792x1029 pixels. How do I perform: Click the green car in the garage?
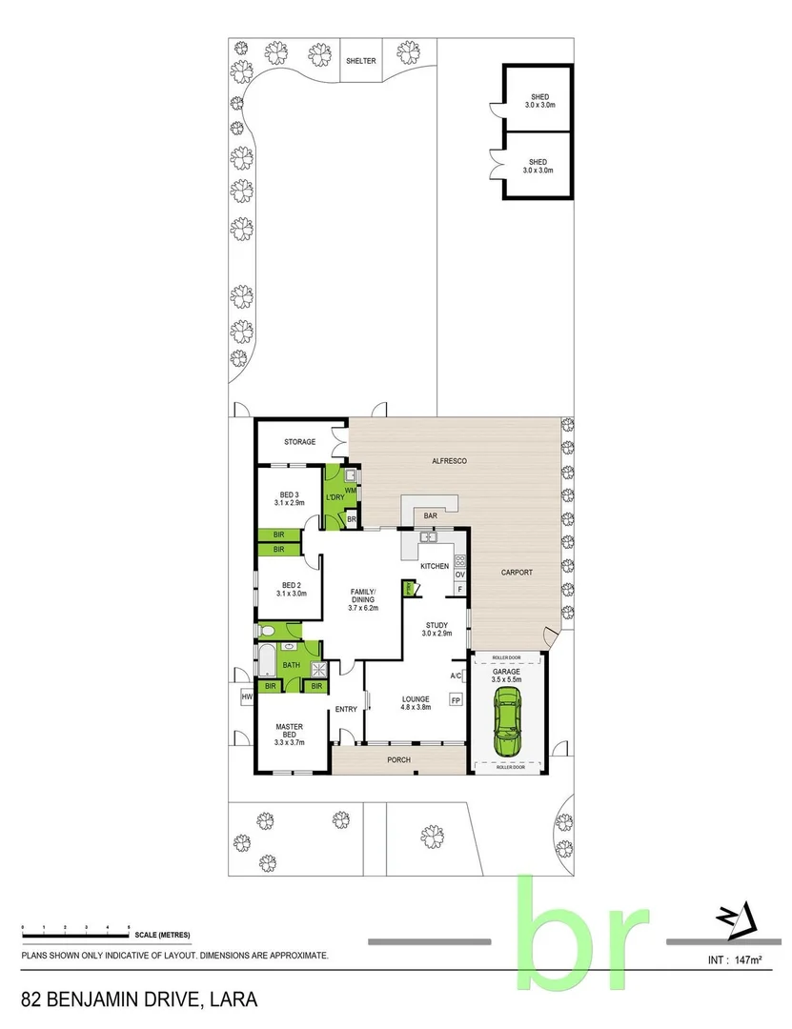coord(508,725)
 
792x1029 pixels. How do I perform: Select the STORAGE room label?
coord(299,442)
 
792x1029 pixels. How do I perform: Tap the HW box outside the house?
coord(248,696)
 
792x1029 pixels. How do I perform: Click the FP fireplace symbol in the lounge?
coord(456,701)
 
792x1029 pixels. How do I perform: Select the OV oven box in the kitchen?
coord(459,575)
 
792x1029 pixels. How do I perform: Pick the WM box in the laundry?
coord(350,490)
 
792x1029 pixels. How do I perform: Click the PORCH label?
coord(398,759)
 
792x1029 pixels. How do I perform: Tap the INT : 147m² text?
coord(739,958)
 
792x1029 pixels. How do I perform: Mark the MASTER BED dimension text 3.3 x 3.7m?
coord(289,742)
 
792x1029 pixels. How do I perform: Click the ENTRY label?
coord(346,708)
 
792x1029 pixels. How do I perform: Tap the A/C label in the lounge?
coord(456,676)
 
